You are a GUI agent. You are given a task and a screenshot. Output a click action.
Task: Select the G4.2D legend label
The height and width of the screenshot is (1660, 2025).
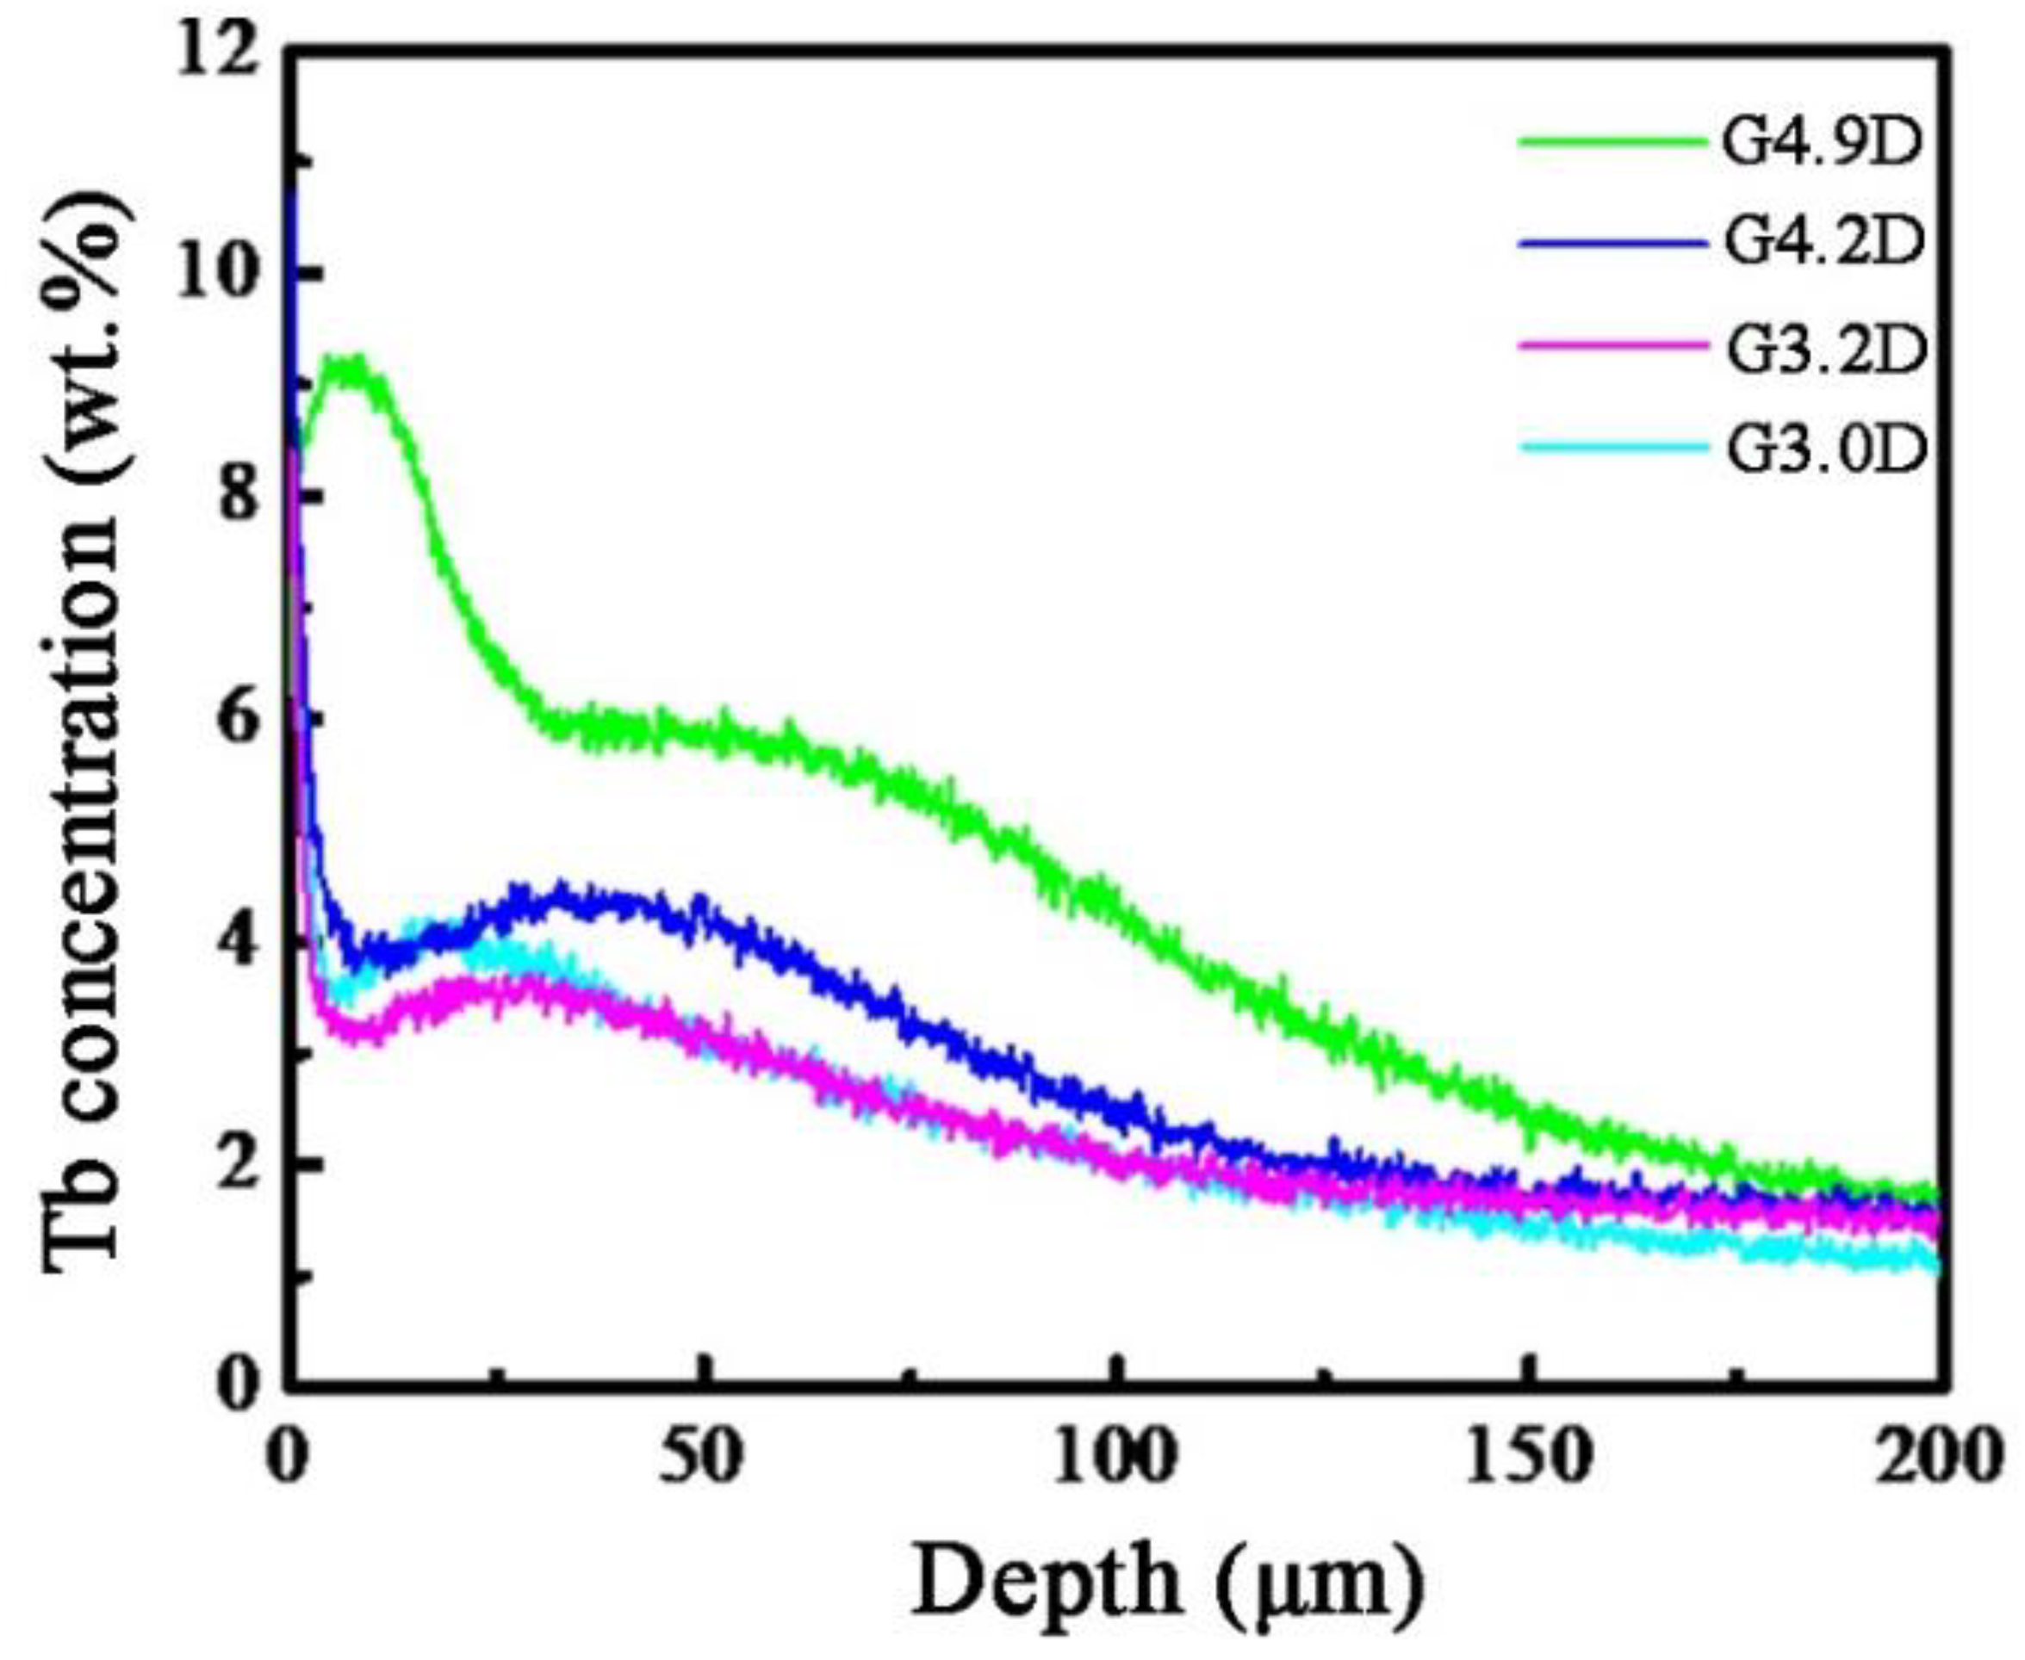[x=1823, y=242]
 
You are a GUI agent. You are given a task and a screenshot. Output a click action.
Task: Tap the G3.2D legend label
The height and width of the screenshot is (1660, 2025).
[x=1823, y=349]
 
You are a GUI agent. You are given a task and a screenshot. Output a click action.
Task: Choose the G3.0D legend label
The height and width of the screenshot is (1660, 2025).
[x=1823, y=449]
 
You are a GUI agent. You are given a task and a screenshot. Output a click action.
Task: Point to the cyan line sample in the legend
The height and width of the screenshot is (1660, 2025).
[x=1612, y=446]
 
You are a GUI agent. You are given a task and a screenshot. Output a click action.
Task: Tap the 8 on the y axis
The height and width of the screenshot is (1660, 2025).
[x=239, y=498]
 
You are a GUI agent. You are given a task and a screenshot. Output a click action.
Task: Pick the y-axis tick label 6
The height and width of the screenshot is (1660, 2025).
[x=239, y=719]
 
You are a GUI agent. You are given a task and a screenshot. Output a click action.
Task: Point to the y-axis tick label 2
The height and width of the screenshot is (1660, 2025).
[x=239, y=1164]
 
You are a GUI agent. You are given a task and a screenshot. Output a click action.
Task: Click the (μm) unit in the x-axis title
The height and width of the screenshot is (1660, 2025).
[x=1320, y=1583]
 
